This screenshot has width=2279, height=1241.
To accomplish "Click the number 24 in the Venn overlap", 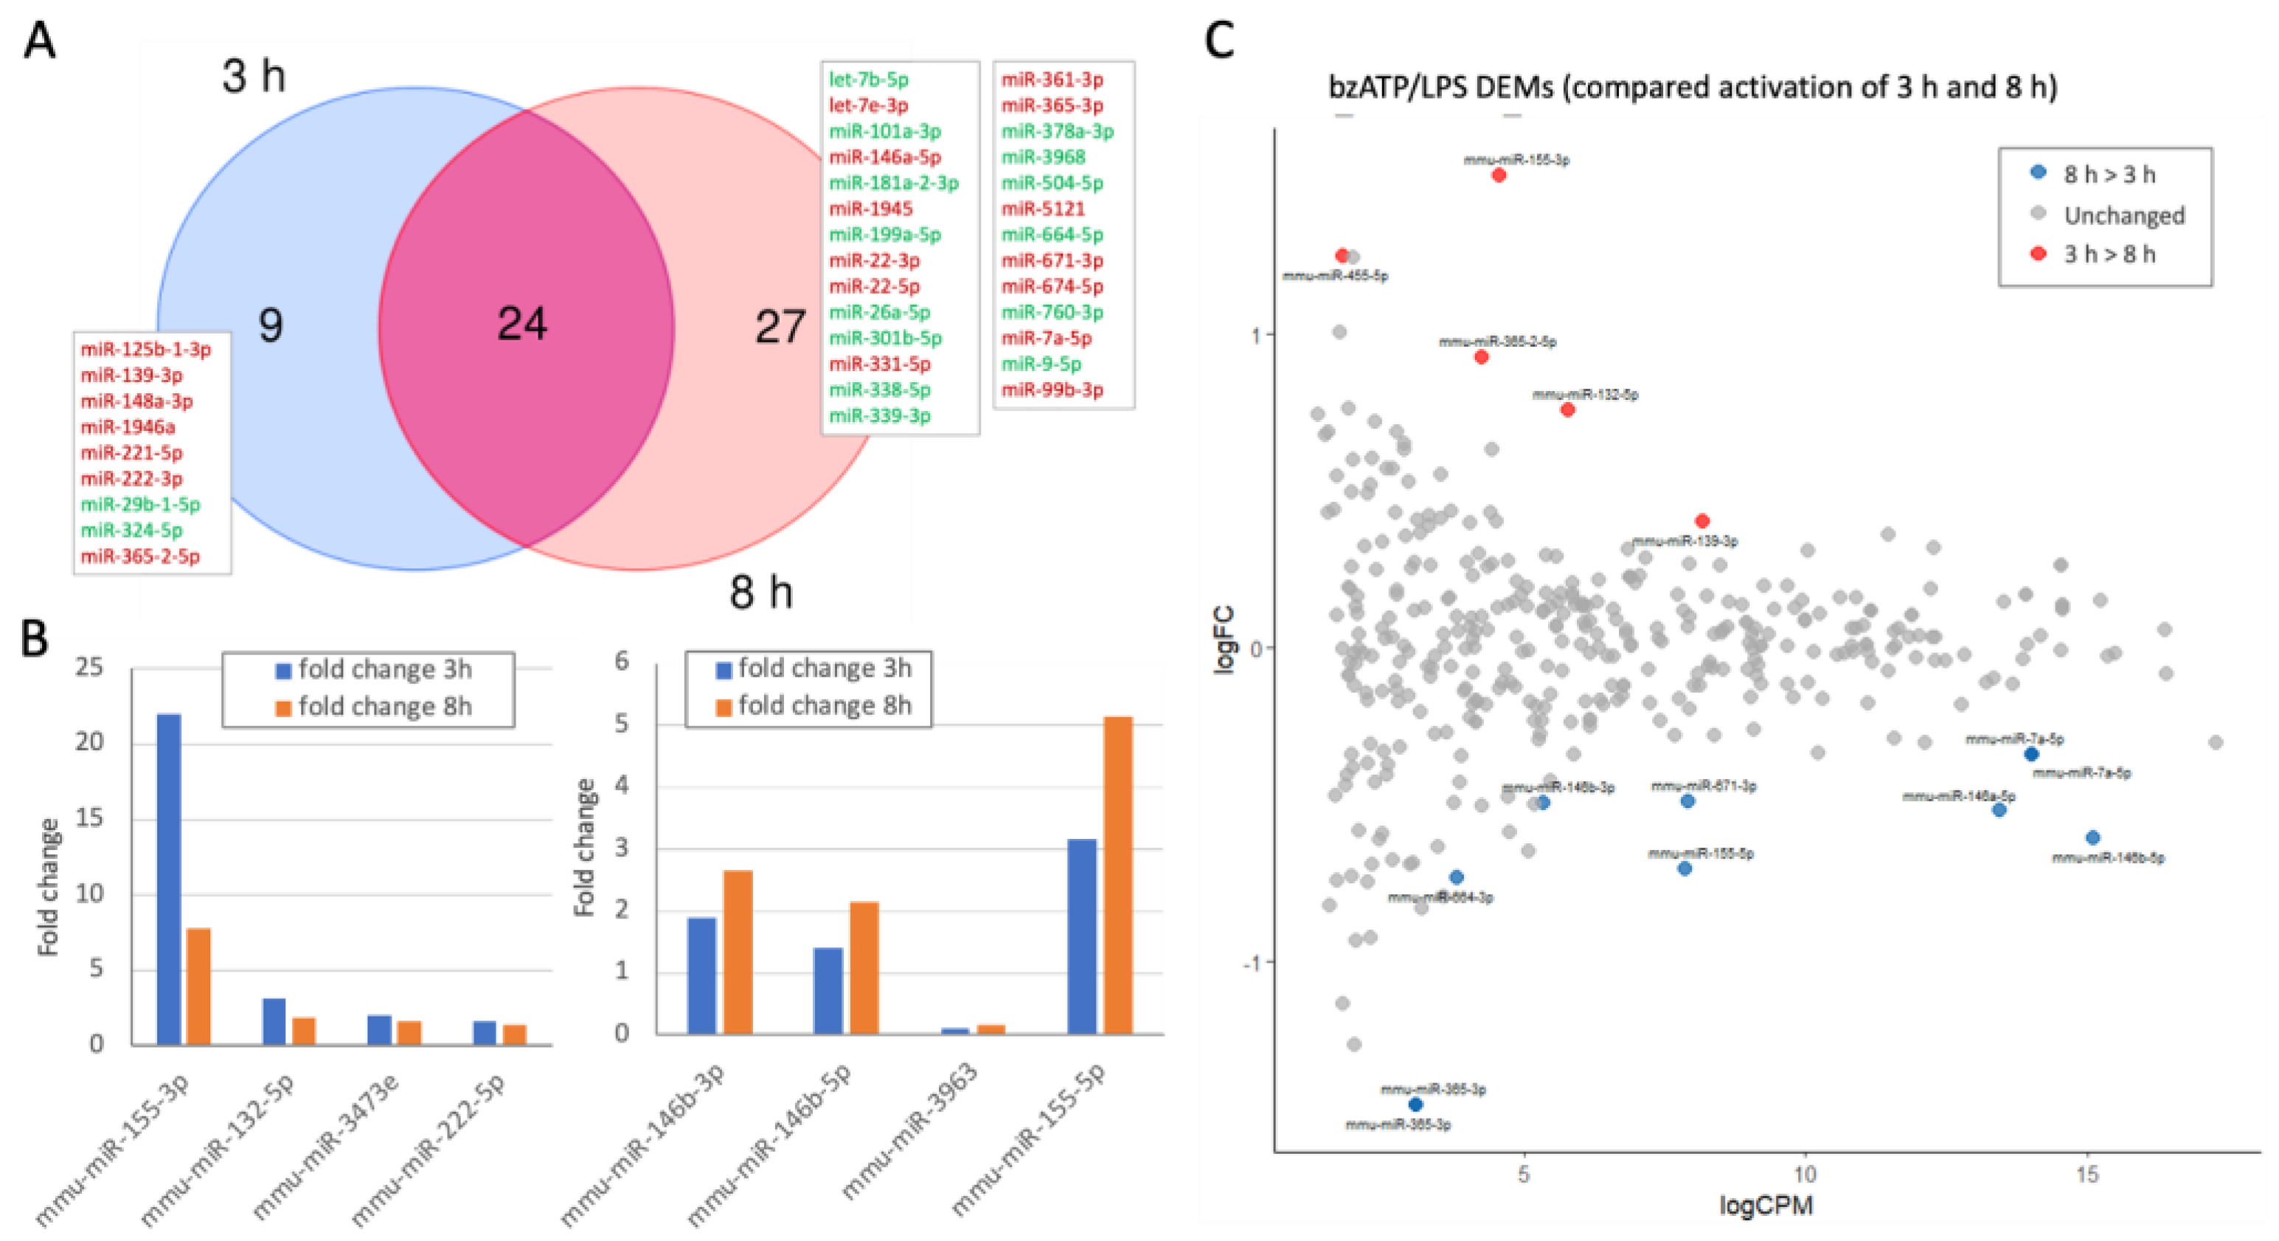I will [x=522, y=324].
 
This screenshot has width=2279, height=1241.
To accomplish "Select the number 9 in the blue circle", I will [x=271, y=325].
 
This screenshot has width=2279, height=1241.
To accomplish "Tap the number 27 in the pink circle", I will [x=780, y=328].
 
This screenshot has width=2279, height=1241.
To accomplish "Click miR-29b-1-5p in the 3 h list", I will [x=141, y=505].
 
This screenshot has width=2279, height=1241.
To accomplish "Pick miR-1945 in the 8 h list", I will [x=870, y=209].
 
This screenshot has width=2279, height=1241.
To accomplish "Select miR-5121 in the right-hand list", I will [x=1042, y=209].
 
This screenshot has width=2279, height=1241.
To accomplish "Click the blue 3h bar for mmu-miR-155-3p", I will [x=169, y=878].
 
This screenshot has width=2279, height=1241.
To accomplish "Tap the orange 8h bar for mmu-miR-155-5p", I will [x=1118, y=874].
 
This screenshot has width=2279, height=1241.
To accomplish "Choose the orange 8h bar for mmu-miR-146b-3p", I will [x=738, y=952].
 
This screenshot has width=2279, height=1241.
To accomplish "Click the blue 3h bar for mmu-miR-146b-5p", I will [x=828, y=989].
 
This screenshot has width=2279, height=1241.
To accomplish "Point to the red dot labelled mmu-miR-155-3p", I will [x=1499, y=176].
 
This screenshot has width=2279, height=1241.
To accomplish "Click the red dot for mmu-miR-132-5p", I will [x=1568, y=409].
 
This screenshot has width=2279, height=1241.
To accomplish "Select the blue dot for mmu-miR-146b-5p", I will [x=2092, y=837].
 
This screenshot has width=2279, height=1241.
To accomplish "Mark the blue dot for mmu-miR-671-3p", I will [x=1687, y=801].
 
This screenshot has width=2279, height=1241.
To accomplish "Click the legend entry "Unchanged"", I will [x=2123, y=215].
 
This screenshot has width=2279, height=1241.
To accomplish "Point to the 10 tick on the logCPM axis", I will [x=1805, y=1175].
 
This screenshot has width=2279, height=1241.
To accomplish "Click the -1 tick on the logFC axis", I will [x=1251, y=962].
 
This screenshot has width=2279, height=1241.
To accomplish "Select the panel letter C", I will [x=1220, y=41].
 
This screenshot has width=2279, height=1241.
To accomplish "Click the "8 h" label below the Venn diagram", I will [x=761, y=592].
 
